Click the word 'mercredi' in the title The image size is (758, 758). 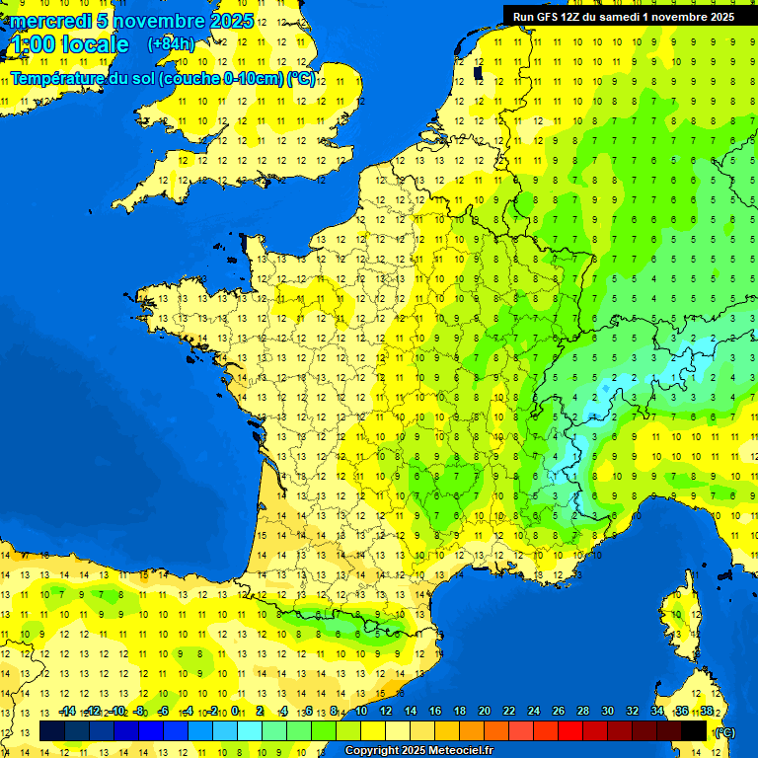[49, 21]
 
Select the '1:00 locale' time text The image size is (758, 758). [69, 44]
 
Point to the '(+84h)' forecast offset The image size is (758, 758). [171, 44]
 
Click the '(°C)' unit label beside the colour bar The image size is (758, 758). [724, 732]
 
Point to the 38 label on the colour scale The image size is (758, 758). [706, 711]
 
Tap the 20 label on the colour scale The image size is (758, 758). [485, 711]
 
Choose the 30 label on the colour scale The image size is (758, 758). [607, 711]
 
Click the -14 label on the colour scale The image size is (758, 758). [67, 711]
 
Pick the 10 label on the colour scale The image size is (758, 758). [361, 711]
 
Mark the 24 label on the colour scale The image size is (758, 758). [534, 711]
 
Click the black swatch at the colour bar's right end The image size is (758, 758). [694, 731]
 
